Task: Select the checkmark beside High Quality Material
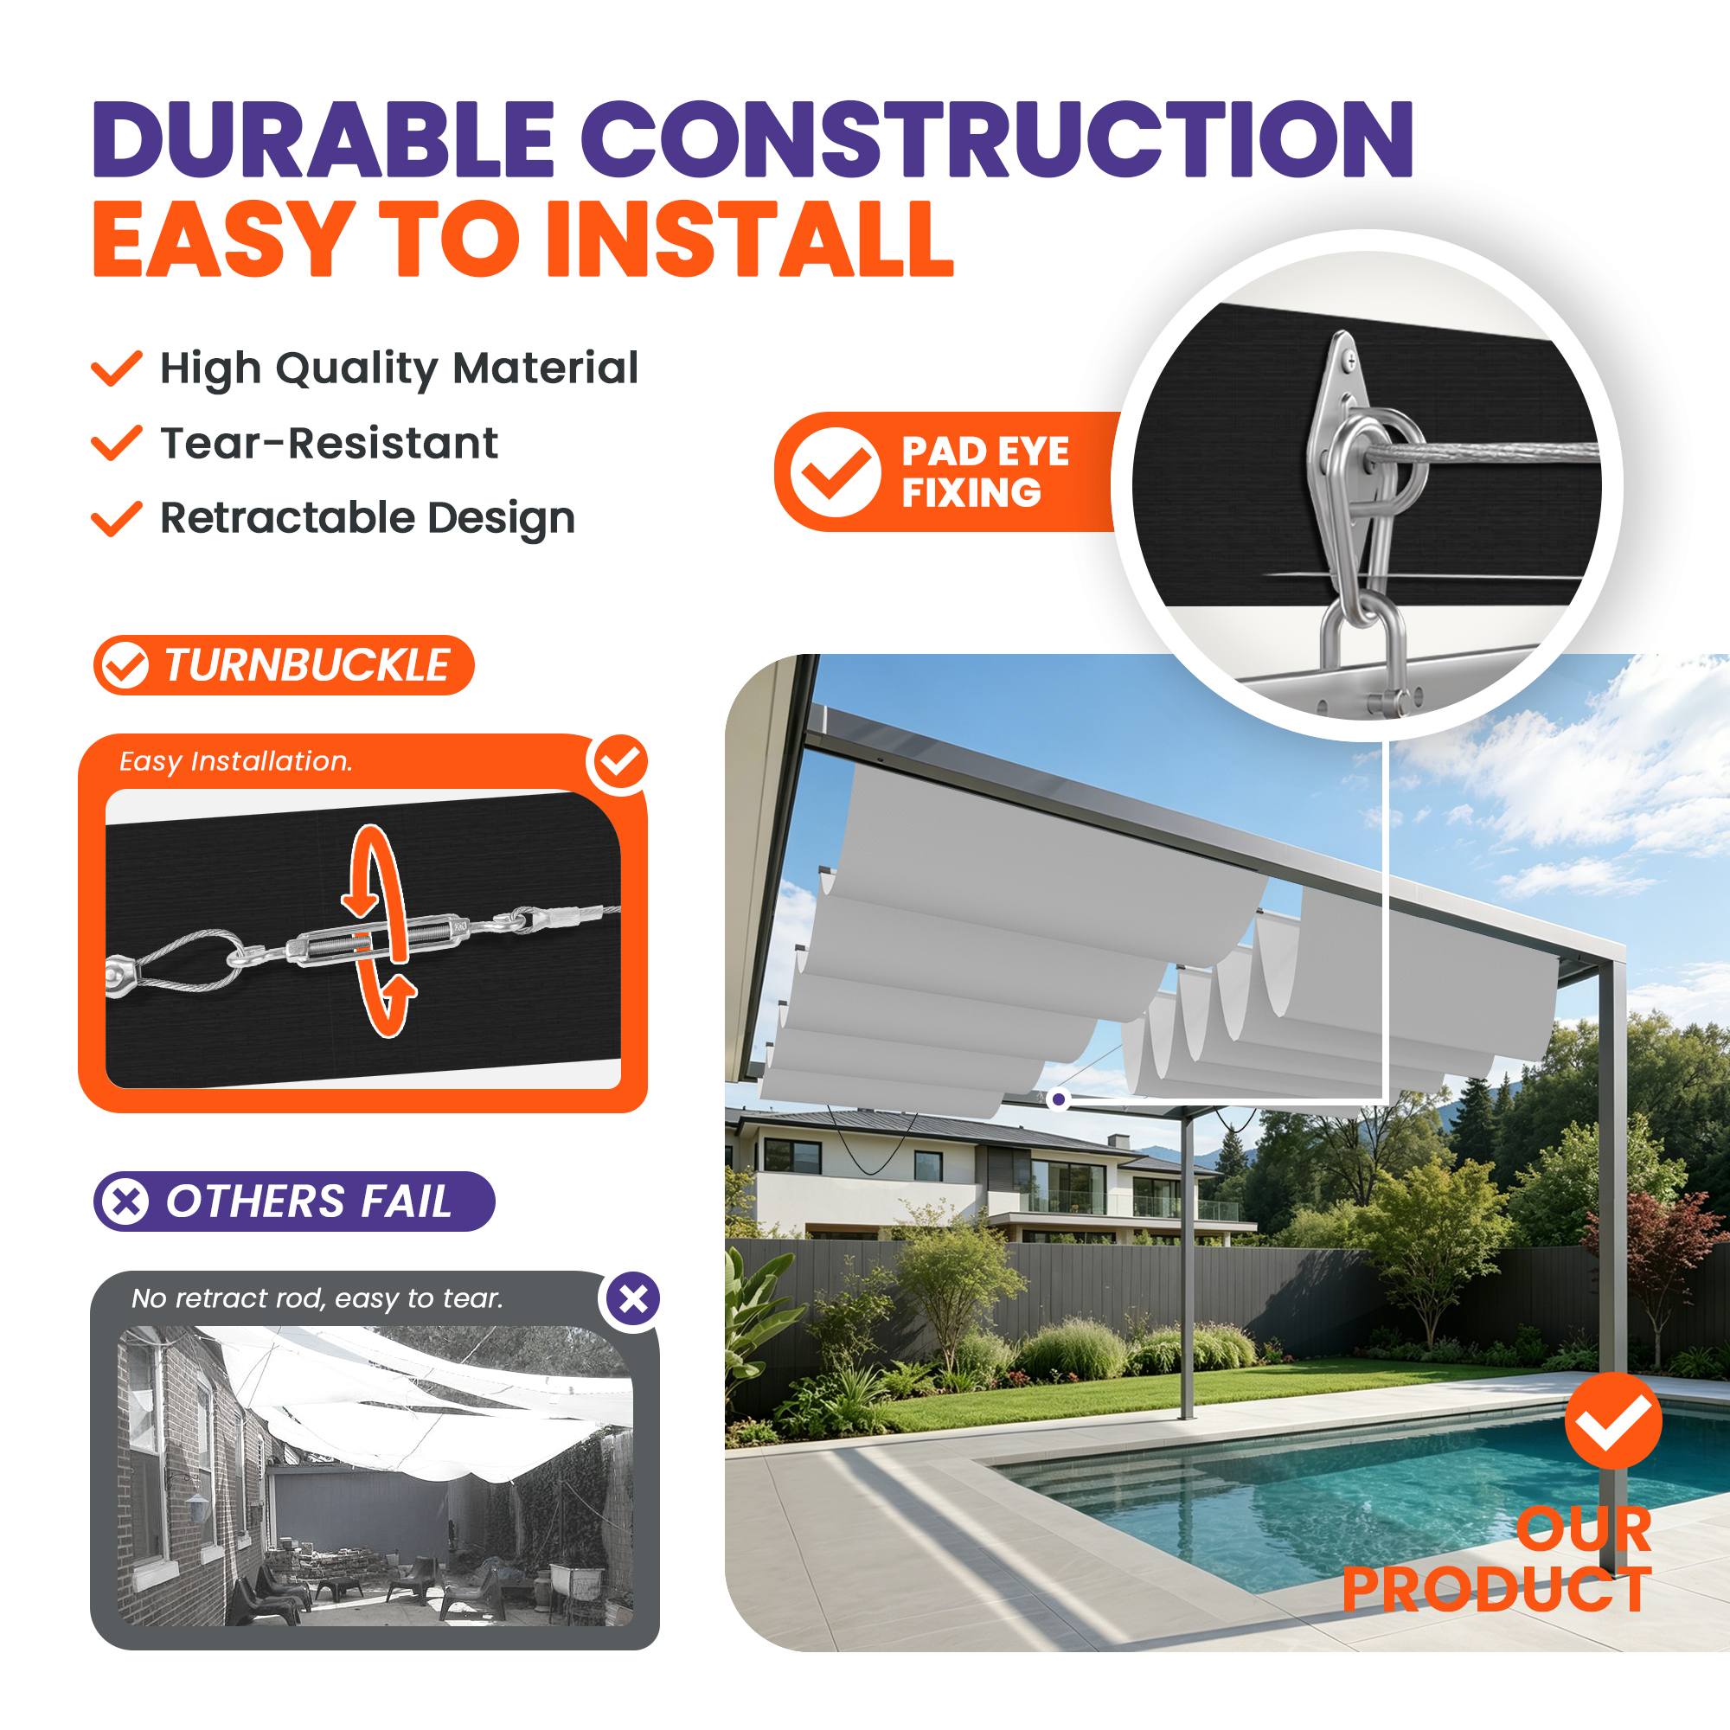pos(118,368)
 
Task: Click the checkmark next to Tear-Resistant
pos(118,442)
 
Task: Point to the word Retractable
pos(287,517)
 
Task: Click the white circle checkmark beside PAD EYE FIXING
pos(836,472)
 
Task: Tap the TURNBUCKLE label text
pos(307,665)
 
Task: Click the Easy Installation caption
pos(236,761)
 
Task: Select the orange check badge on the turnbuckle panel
pos(619,762)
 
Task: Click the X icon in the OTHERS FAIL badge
pos(125,1201)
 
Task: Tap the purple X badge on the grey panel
pos(633,1299)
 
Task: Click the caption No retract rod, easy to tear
pos(317,1297)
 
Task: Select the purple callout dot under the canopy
pos(1059,1099)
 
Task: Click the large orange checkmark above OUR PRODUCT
pos(1613,1420)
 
